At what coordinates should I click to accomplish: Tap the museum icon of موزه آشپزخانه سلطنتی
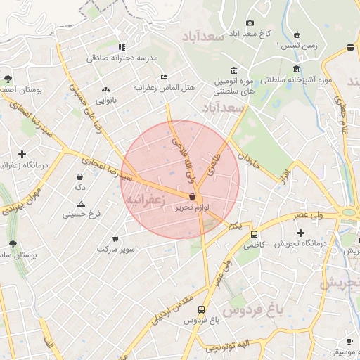[295, 69]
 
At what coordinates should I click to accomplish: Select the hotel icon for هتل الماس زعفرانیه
[164, 77]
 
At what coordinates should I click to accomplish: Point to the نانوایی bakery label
[106, 100]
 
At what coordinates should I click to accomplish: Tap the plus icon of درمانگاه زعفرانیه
[22, 154]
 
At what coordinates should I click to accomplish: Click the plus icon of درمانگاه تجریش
[301, 233]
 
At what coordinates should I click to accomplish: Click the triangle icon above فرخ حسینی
[82, 204]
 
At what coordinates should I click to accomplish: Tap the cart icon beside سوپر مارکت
[115, 239]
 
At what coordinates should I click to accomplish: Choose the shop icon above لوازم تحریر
[192, 198]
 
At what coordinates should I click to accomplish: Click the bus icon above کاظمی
[254, 235]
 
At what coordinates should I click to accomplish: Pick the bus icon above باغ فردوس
[202, 309]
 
